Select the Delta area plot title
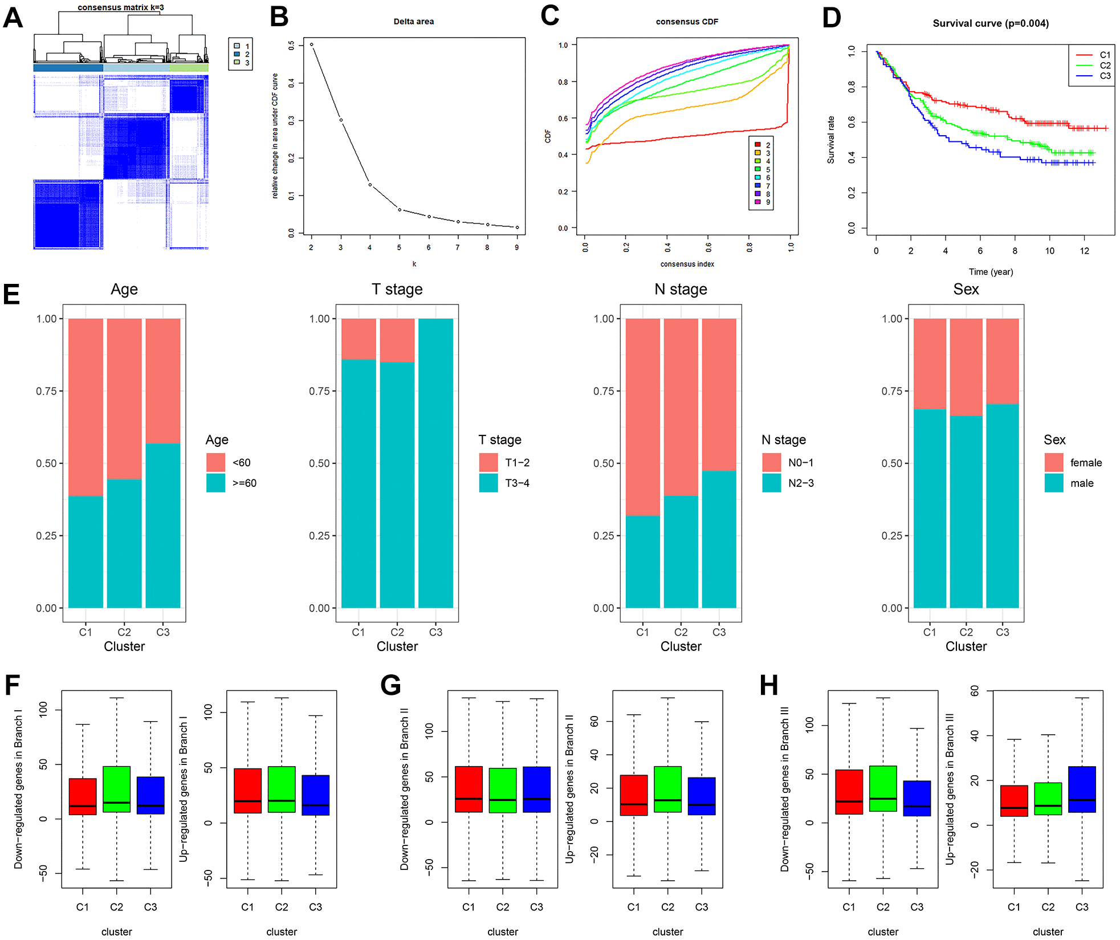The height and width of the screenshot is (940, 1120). click(x=413, y=22)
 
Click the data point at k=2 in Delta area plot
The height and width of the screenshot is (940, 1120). click(x=311, y=44)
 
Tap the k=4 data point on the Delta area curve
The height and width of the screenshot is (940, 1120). click(x=370, y=185)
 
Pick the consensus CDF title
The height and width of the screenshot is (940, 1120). click(x=687, y=22)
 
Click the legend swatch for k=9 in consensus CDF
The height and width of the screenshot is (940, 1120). click(x=757, y=202)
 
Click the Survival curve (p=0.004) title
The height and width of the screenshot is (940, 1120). click(x=990, y=23)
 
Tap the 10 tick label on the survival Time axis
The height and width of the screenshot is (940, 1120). click(x=1049, y=251)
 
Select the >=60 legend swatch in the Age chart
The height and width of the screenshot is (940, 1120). click(x=215, y=483)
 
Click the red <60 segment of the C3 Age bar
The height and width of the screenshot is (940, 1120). click(x=163, y=380)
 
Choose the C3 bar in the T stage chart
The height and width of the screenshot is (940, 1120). click(x=435, y=463)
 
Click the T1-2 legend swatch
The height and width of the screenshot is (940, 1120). click(x=488, y=462)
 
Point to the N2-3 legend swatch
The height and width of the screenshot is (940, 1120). click(x=771, y=483)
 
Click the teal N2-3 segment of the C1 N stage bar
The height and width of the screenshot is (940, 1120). click(x=642, y=561)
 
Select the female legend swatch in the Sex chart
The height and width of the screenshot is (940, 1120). click(x=1053, y=462)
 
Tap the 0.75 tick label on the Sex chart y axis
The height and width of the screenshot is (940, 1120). click(x=891, y=391)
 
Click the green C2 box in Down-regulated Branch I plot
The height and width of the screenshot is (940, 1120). click(x=117, y=790)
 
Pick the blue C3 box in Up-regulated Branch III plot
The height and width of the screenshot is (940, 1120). click(x=1081, y=790)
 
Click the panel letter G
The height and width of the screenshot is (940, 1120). click(x=390, y=685)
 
